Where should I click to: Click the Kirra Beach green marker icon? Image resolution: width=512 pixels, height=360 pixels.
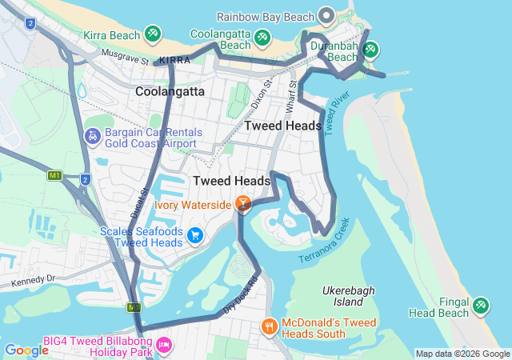click(152, 34)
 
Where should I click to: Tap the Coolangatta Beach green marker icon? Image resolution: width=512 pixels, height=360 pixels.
click(262, 37)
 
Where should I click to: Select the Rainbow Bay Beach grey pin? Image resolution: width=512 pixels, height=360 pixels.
click(326, 15)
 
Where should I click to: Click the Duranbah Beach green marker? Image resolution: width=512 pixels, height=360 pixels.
click(370, 50)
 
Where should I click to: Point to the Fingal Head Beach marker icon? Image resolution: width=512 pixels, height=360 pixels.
click(480, 305)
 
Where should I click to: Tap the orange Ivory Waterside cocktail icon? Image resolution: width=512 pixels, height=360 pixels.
click(242, 203)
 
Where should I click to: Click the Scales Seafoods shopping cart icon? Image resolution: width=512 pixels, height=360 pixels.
click(195, 235)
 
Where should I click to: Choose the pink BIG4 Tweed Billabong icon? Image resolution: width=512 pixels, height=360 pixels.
click(164, 345)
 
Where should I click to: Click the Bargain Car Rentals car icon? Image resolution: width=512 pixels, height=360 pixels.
click(92, 137)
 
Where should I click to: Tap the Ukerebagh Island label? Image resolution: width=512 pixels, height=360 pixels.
click(348, 296)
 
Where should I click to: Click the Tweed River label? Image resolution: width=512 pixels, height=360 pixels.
click(338, 113)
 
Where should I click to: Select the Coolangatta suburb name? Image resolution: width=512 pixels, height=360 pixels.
click(170, 91)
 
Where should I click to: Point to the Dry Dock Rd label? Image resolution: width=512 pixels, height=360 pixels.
click(242, 294)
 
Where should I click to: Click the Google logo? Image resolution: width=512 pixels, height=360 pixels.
click(26, 350)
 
